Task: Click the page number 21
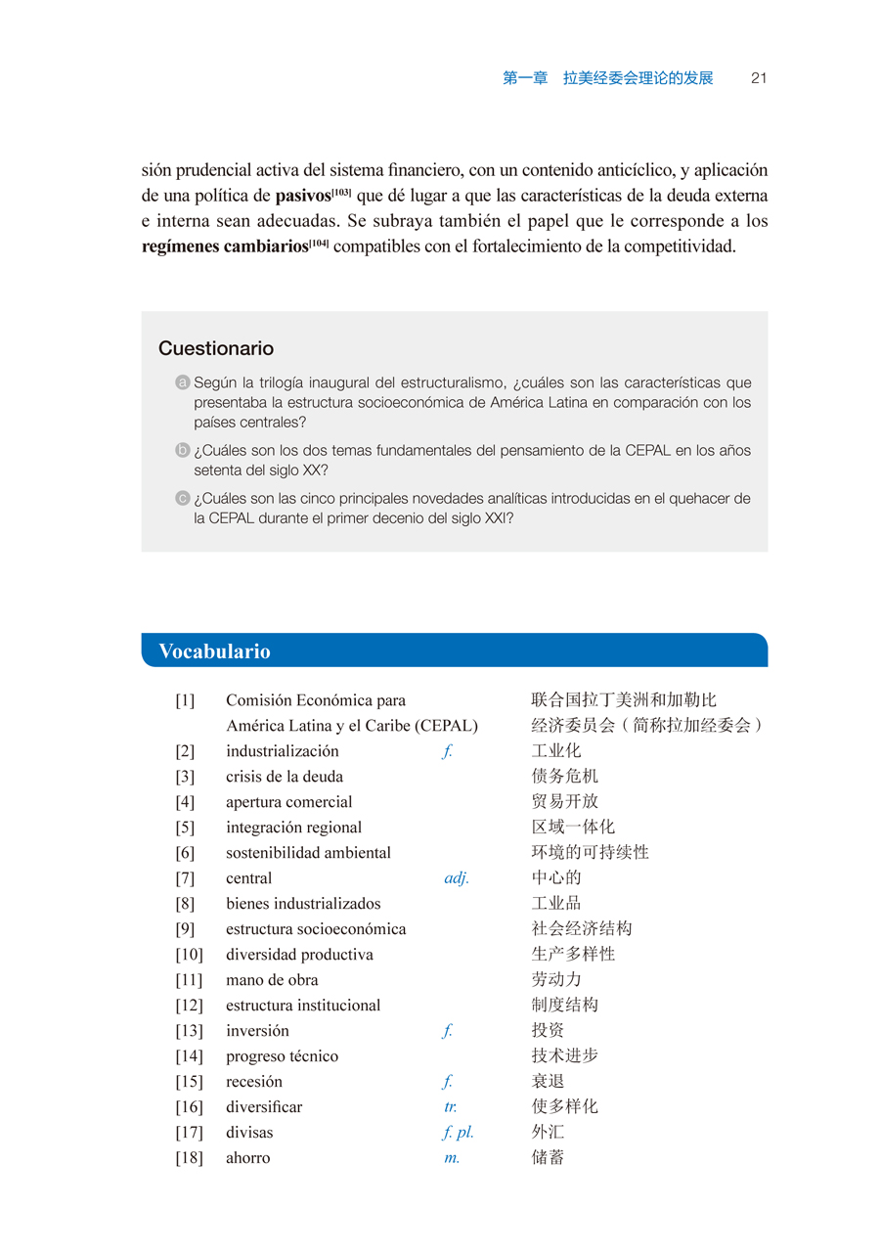click(x=758, y=79)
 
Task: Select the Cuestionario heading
click(x=216, y=349)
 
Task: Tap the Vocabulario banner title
click(x=214, y=651)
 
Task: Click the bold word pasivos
click(x=303, y=196)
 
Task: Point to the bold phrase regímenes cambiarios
click(x=225, y=246)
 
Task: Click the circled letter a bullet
click(x=182, y=382)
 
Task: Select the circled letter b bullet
click(x=182, y=451)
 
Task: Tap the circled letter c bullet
click(x=182, y=499)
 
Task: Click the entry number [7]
click(x=185, y=878)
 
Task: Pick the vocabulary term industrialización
click(x=283, y=751)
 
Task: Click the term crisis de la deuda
click(x=285, y=777)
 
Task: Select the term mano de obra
click(x=272, y=980)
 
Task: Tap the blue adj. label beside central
click(x=457, y=878)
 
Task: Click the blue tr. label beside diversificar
click(x=451, y=1107)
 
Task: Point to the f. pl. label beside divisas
click(x=459, y=1133)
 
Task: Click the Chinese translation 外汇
click(x=549, y=1133)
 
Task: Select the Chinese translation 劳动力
click(x=556, y=980)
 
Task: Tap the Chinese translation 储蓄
click(x=549, y=1158)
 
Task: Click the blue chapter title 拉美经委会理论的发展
click(x=638, y=79)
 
